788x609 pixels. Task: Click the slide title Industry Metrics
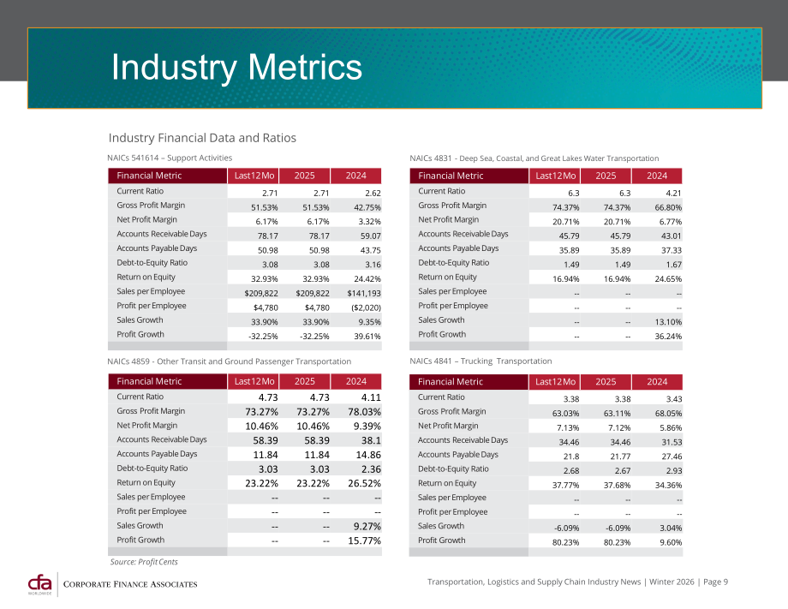coord(236,67)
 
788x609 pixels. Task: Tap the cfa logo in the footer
coord(39,584)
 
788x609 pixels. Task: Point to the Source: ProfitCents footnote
coord(144,562)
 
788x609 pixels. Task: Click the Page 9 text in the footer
coord(716,582)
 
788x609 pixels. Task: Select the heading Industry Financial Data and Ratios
coord(202,138)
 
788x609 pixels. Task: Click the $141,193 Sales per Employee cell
coord(364,293)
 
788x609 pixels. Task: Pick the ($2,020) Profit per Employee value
coord(366,307)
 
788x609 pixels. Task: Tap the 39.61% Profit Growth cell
coord(367,336)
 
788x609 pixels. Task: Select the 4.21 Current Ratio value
coord(673,193)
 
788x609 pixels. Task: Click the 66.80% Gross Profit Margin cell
coord(668,207)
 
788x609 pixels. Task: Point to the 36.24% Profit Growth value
coord(668,336)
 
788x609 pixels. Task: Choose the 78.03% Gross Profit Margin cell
coord(364,411)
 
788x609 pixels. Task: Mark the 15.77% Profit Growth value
coord(364,540)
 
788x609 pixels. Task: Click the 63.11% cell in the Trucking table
coord(618,414)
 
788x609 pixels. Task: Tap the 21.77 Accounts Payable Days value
coord(620,457)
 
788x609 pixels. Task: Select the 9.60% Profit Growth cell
coord(671,542)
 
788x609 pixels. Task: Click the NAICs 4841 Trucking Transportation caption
coord(481,361)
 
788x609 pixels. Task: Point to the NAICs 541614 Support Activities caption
coord(170,158)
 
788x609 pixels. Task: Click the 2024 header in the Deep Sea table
coord(657,176)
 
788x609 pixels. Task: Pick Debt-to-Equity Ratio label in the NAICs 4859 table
coord(152,469)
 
